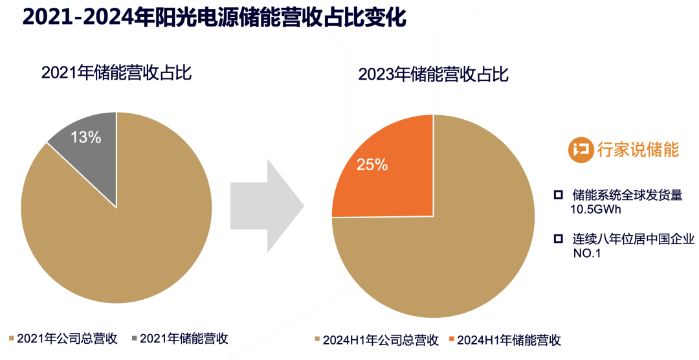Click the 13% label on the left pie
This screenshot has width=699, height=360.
click(x=85, y=137)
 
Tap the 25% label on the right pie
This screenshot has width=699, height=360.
click(x=372, y=165)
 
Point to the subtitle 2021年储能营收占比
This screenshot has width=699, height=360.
click(x=116, y=73)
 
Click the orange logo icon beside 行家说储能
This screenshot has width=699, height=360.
click(x=581, y=150)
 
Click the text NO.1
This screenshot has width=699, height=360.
click(x=587, y=253)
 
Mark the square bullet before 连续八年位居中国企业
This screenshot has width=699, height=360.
click(x=558, y=239)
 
